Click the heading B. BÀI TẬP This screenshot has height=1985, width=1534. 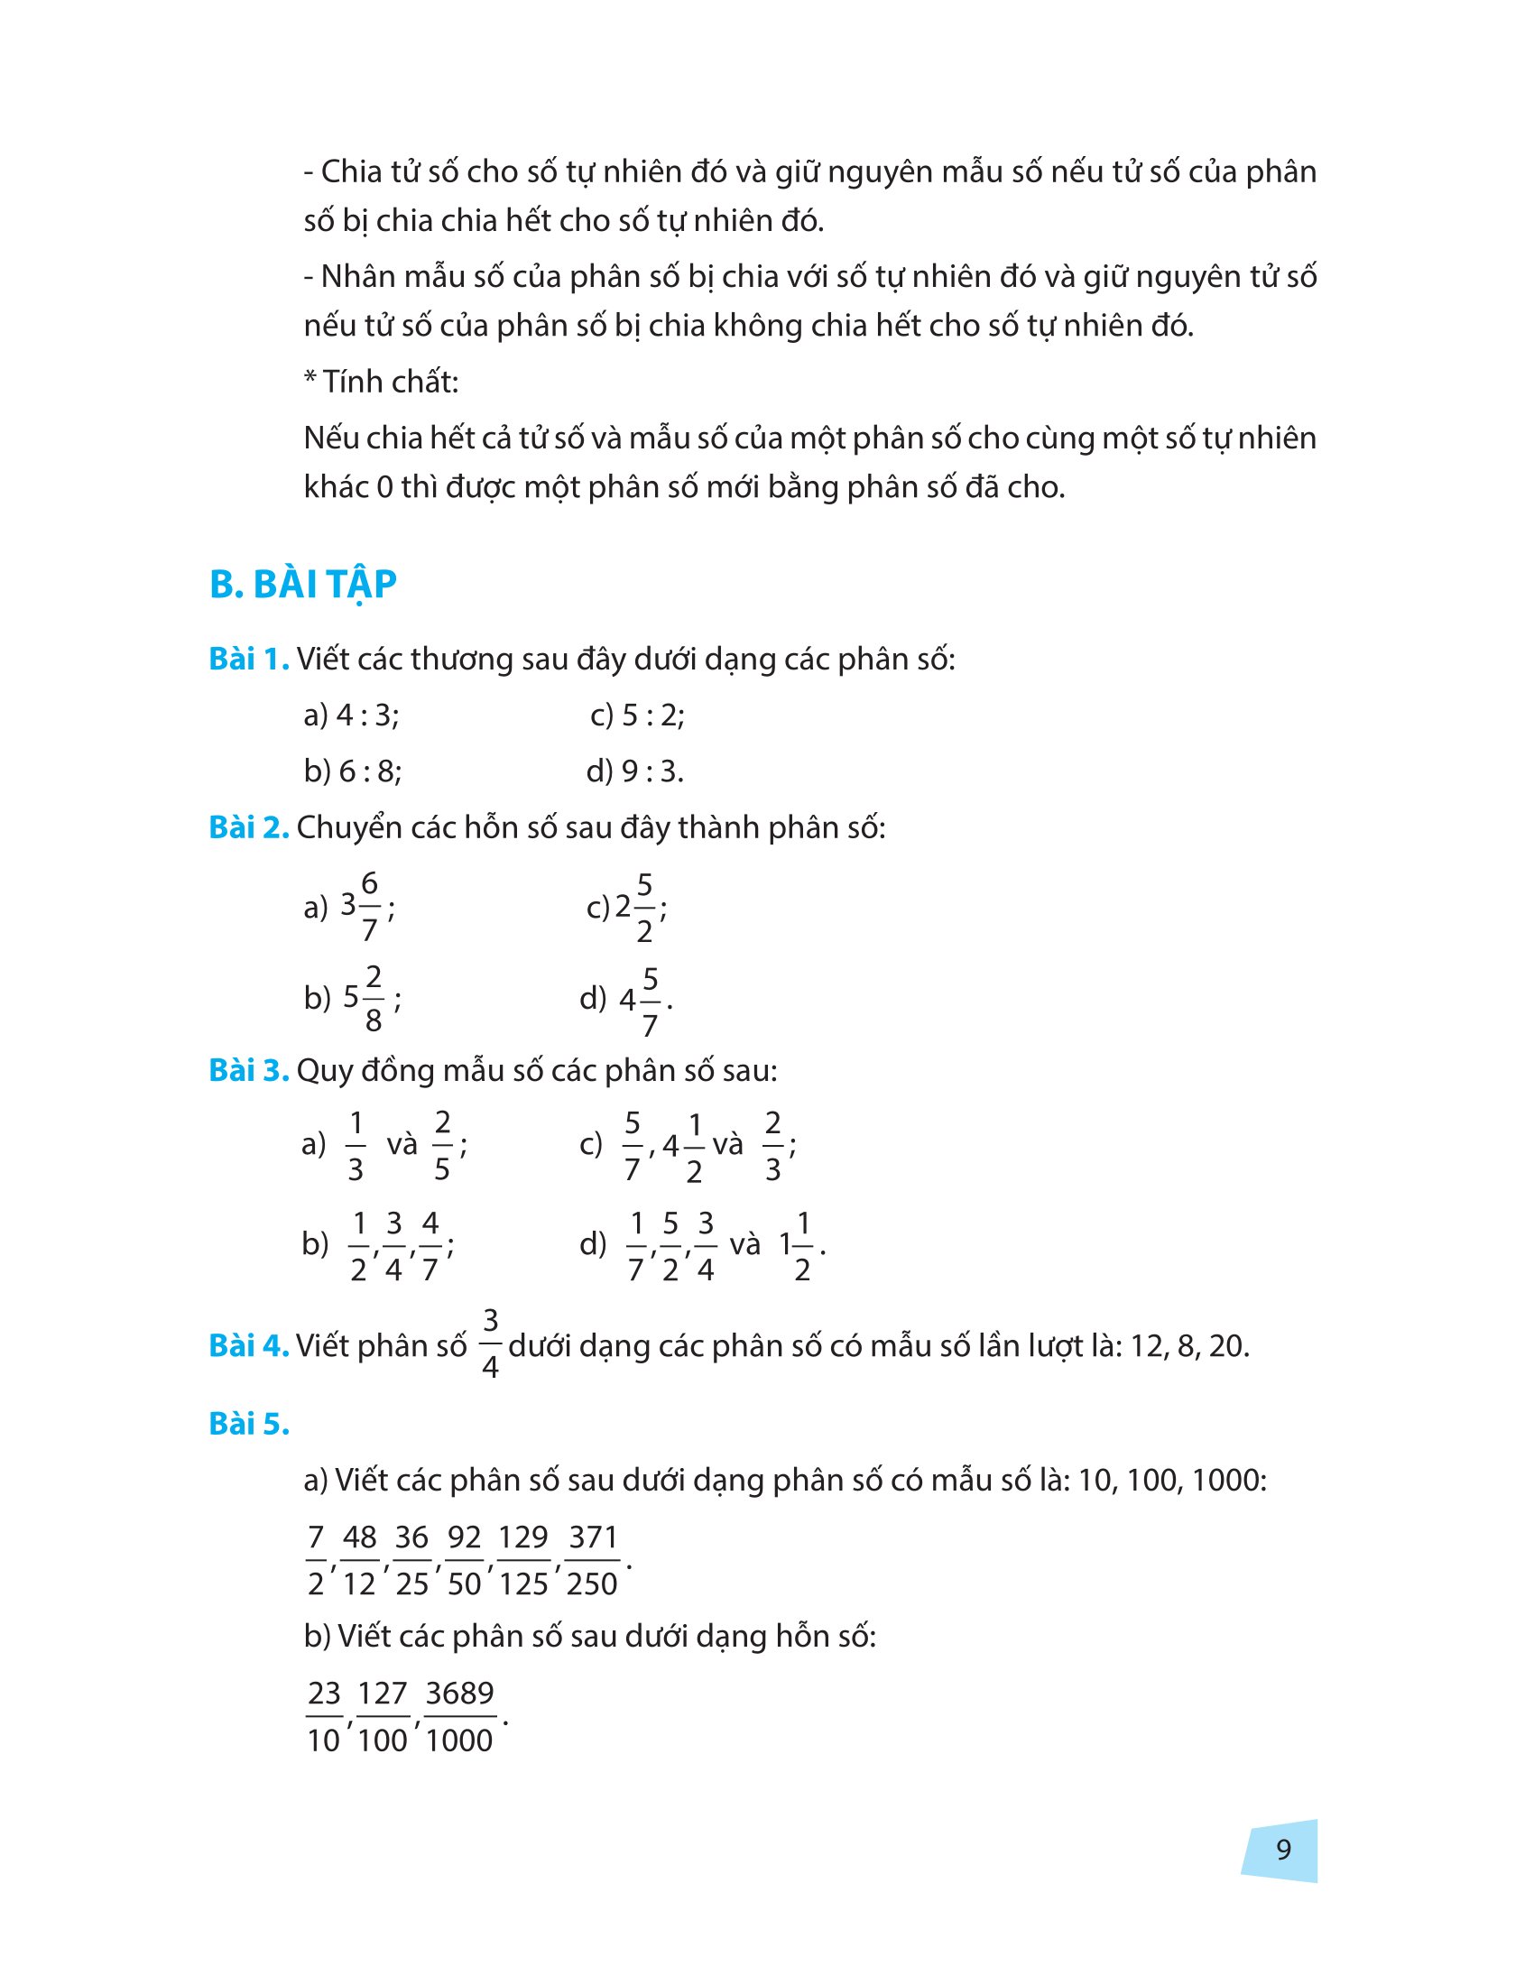302,585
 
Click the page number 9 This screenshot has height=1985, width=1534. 1283,1850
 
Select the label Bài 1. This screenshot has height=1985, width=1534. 249,659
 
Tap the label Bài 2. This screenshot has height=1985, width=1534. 249,827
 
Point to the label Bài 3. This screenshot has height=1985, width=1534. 249,1071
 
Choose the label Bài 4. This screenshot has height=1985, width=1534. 249,1346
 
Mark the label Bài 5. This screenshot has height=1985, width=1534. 249,1424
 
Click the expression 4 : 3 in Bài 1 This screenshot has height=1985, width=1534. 367,716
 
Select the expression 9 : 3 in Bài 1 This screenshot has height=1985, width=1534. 651,771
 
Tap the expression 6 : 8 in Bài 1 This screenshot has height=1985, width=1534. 370,771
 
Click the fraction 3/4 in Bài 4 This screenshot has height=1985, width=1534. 490,1343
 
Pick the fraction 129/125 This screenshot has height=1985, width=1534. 523,1561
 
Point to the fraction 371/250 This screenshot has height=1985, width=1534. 593,1561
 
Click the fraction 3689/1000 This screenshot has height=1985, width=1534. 460,1717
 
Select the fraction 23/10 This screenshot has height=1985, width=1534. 325,1717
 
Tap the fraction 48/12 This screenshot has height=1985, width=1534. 359,1561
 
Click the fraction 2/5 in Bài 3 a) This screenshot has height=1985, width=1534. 442,1145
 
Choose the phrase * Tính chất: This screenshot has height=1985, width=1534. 382,382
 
